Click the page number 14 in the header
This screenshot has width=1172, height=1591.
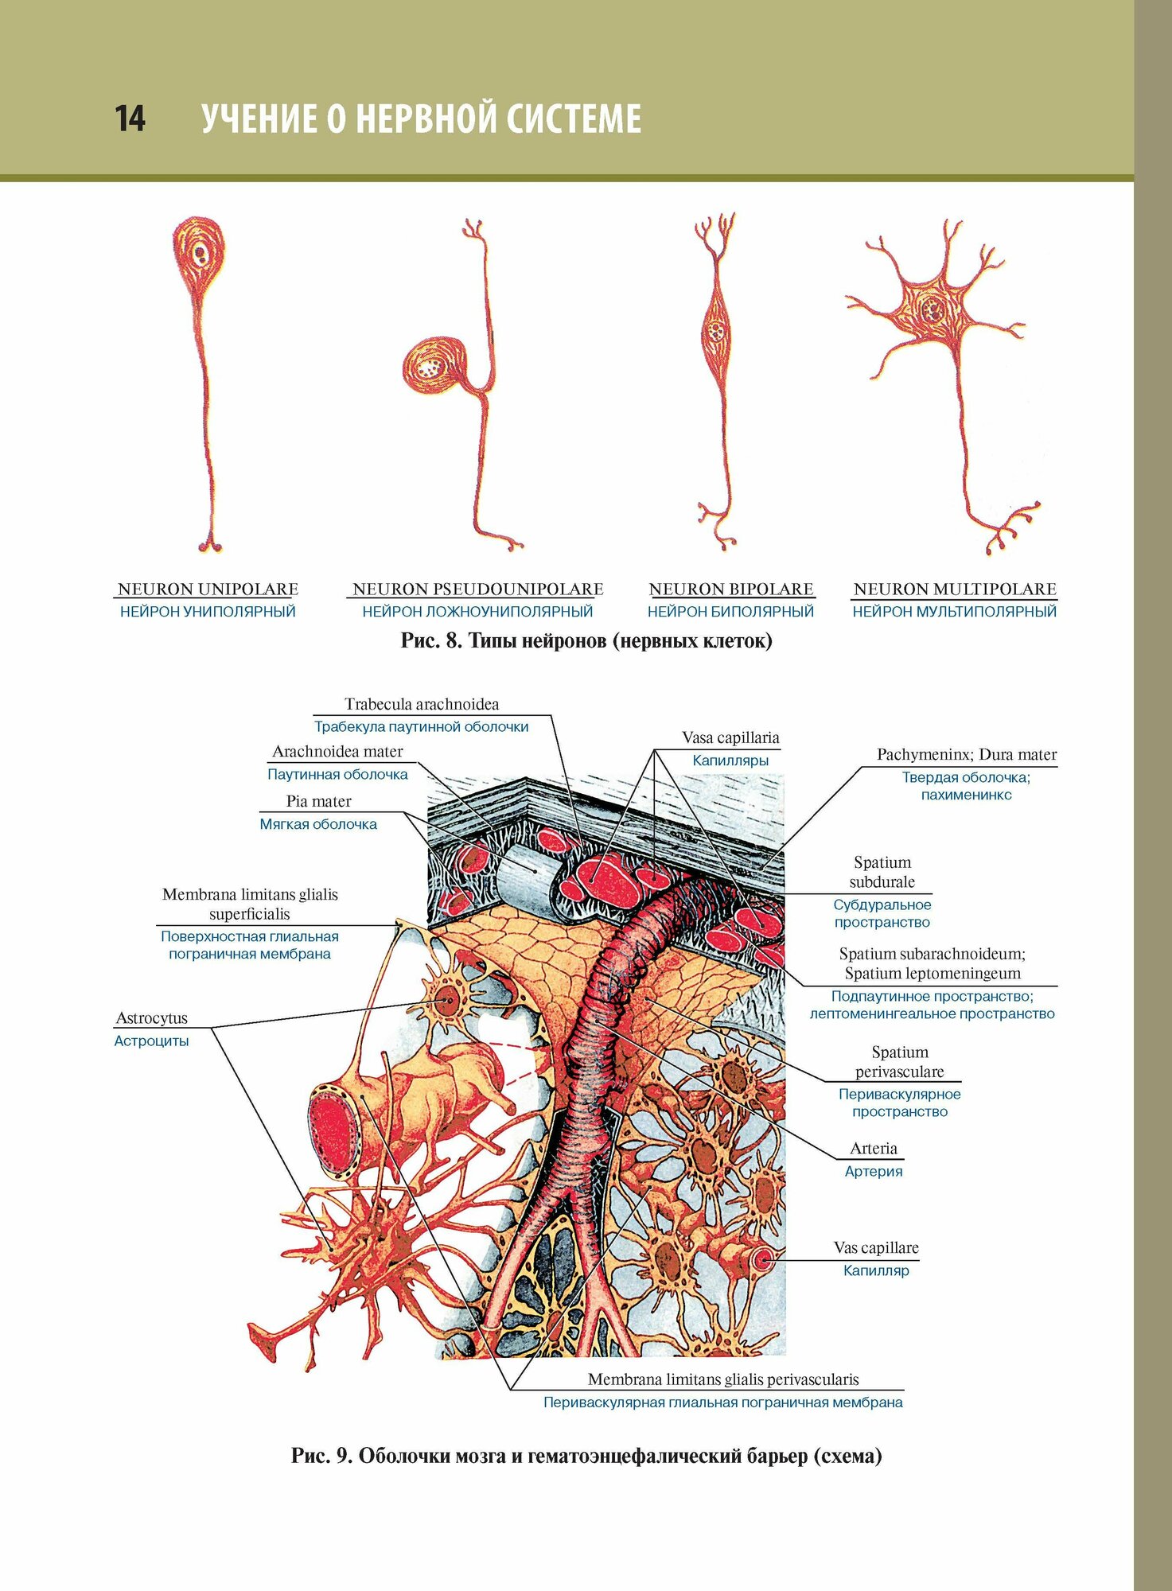click(x=130, y=119)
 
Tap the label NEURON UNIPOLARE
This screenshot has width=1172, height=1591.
click(x=208, y=589)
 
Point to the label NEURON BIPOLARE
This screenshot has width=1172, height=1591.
click(x=731, y=589)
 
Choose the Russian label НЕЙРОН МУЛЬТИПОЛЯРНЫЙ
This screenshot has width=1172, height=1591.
click(x=954, y=612)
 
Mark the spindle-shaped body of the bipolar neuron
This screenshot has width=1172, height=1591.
click(x=717, y=329)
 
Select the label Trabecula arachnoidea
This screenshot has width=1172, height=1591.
click(x=422, y=704)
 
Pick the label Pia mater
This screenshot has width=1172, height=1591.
click(x=318, y=801)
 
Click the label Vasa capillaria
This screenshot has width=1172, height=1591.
click(x=730, y=737)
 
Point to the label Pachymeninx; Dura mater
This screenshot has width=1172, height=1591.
click(x=967, y=754)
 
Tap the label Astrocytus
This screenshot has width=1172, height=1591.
click(x=152, y=1018)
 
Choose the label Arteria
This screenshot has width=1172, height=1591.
click(x=873, y=1148)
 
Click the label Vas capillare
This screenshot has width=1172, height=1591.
click(x=876, y=1247)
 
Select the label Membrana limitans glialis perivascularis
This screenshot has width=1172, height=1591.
click(x=723, y=1379)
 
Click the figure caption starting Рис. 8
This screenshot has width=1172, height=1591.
click(x=586, y=640)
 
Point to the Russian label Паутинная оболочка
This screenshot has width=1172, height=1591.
click(x=337, y=774)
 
